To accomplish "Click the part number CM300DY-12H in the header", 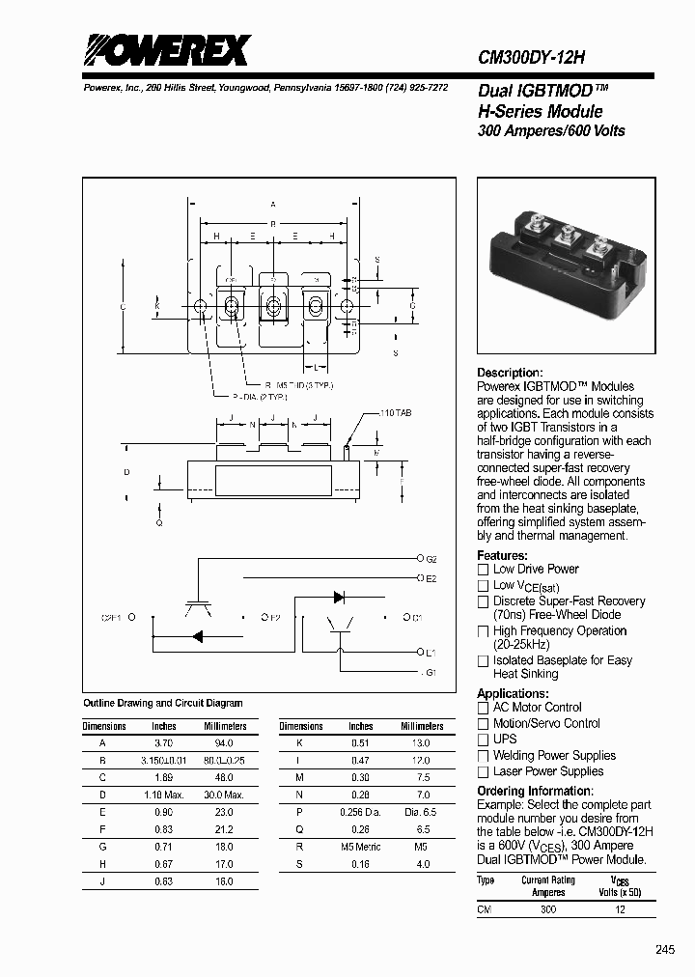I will coord(531,57).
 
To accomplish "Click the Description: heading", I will coord(510,373).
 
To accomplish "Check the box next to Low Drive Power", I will coord(484,570).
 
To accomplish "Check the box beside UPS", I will coord(484,740).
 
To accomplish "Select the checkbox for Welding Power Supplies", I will coord(484,756).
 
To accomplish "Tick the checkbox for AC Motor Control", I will coord(484,708).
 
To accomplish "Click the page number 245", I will coord(665,950).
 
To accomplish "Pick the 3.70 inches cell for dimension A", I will coord(164,743).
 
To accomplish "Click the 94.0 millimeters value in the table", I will coord(224,743).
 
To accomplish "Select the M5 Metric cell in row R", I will coord(361,847).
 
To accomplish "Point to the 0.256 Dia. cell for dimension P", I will coord(361,813).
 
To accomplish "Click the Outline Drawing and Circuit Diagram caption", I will coord(163,703).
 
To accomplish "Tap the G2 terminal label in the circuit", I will coord(431,559).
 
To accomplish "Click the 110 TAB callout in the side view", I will coord(394,413).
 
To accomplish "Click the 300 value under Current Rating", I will coord(548,909).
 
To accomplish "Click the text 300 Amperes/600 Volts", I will coord(551,130).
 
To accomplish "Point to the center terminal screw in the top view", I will coord(273,307).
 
